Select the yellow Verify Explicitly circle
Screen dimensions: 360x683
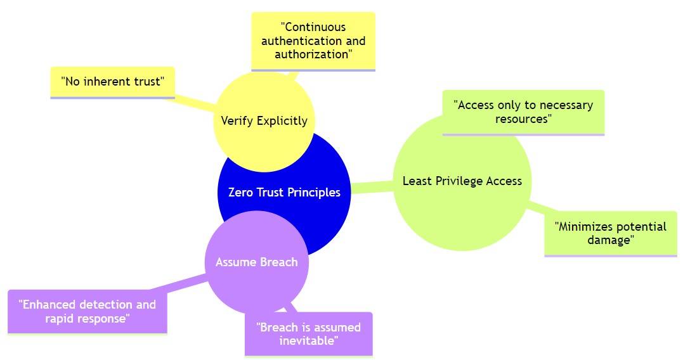[264, 120]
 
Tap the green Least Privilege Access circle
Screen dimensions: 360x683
[462, 181]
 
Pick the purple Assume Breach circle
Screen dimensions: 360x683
[256, 262]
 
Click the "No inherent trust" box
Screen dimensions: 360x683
[112, 82]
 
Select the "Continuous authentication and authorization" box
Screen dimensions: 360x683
[313, 41]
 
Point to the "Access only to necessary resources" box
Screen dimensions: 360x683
[523, 112]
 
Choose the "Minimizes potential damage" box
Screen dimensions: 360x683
[610, 233]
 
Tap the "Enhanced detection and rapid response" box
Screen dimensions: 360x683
[88, 311]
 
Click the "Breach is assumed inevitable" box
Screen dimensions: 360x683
[308, 333]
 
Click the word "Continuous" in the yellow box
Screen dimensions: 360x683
[313, 27]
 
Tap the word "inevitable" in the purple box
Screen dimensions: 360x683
[308, 341]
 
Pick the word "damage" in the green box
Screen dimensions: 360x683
[610, 240]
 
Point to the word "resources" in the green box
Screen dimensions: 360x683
[523, 119]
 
